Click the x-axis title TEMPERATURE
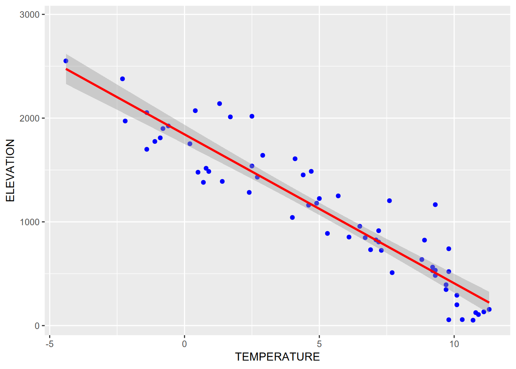pyautogui.click(x=277, y=357)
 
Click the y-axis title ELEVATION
pyautogui.click(x=10, y=170)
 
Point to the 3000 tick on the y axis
pyautogui.click(x=30, y=15)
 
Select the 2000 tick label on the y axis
pyautogui.click(x=30, y=118)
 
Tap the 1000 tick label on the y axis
pyautogui.click(x=30, y=222)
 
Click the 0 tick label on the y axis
pyautogui.click(x=37, y=326)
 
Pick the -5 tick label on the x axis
pyautogui.click(x=50, y=344)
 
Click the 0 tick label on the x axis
pyautogui.click(x=184, y=344)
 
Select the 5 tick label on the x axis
pyautogui.click(x=319, y=344)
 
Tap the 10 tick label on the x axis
pyautogui.click(x=454, y=344)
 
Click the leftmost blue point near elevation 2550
pyautogui.click(x=66, y=61)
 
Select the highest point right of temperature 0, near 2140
pyautogui.click(x=220, y=103)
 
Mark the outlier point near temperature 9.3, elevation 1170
pyautogui.click(x=435, y=204)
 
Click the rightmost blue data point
pyautogui.click(x=489, y=309)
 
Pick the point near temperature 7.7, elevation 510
pyautogui.click(x=392, y=273)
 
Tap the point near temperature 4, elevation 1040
pyautogui.click(x=292, y=218)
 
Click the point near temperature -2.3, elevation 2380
pyautogui.click(x=122, y=79)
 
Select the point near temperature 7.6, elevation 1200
pyautogui.click(x=389, y=201)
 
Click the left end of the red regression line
pyautogui.click(x=66, y=69)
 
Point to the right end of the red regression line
pyautogui.click(x=489, y=303)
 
